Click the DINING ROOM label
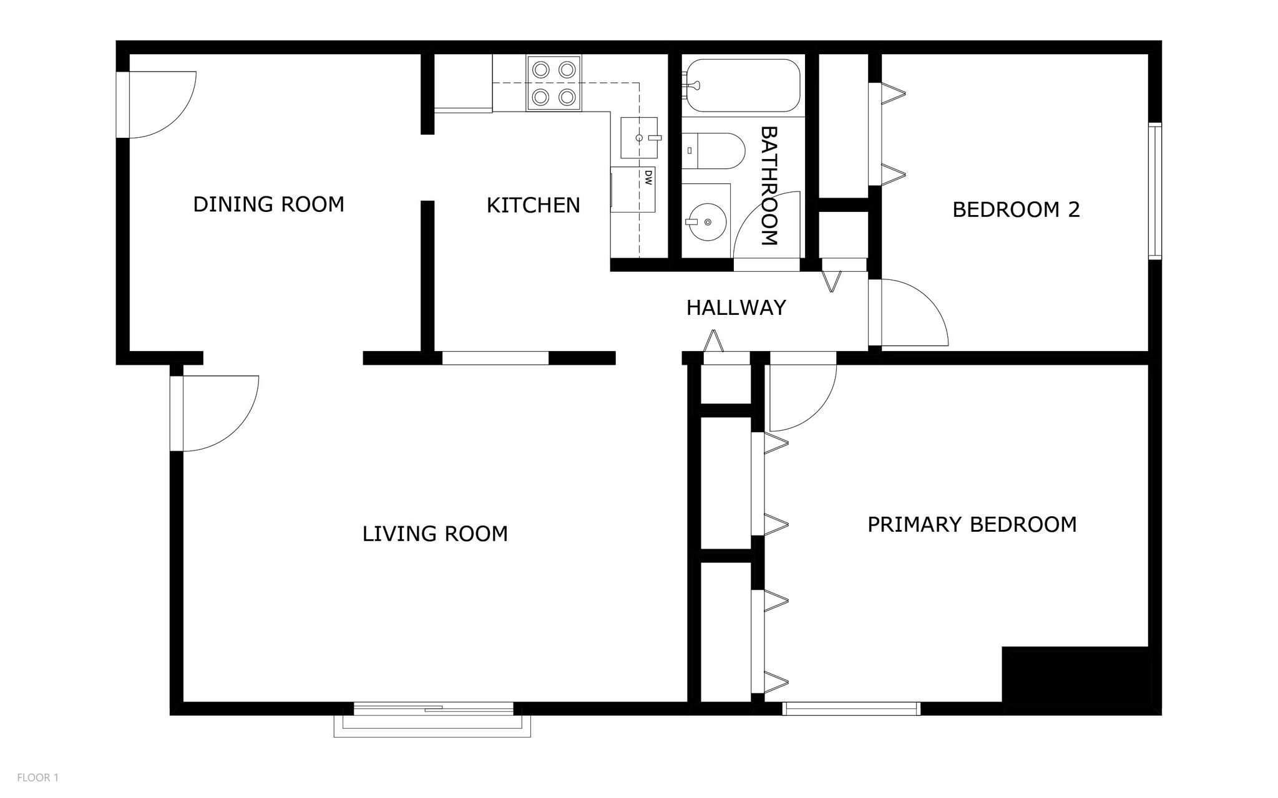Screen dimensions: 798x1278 click(268, 204)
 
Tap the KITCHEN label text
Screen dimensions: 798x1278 click(533, 205)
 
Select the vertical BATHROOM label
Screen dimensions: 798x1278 click(769, 186)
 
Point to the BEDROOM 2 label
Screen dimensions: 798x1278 click(1015, 209)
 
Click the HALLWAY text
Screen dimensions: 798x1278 click(736, 308)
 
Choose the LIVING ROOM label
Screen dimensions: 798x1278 click(435, 534)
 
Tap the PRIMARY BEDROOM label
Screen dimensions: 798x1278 click(972, 524)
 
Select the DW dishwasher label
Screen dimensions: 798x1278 click(648, 178)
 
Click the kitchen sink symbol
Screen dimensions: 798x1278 click(639, 137)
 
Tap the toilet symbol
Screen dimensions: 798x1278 click(715, 150)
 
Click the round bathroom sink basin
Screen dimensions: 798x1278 click(707, 221)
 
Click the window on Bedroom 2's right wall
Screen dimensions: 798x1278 click(1155, 191)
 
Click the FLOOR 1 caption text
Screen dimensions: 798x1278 click(37, 777)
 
